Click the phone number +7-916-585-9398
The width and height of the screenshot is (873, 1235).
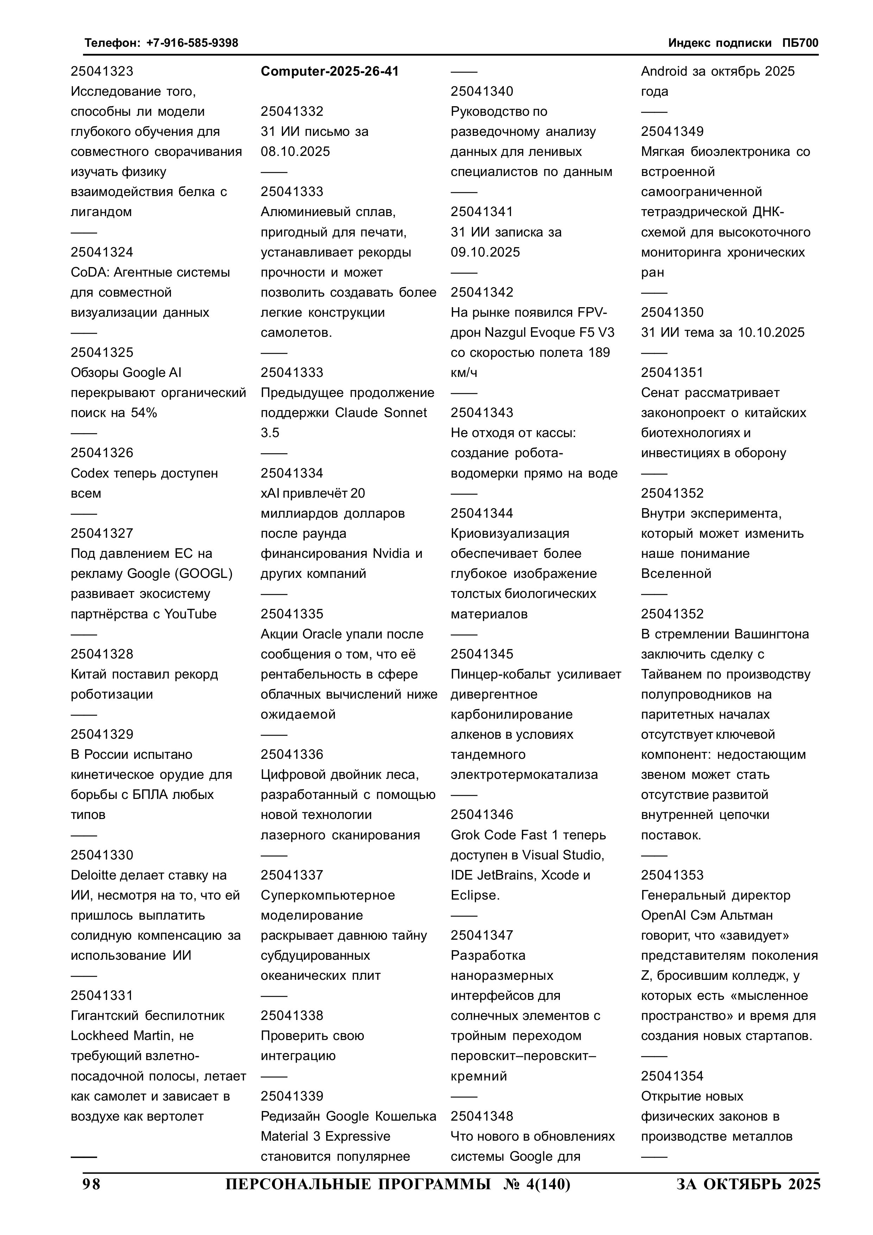(x=192, y=43)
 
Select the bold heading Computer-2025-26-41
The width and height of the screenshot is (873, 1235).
(x=330, y=71)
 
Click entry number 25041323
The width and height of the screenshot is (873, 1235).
(x=102, y=71)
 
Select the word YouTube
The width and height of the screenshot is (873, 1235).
(x=190, y=614)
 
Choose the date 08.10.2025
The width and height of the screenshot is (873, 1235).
(x=295, y=152)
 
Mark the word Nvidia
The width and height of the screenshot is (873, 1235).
(x=391, y=554)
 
